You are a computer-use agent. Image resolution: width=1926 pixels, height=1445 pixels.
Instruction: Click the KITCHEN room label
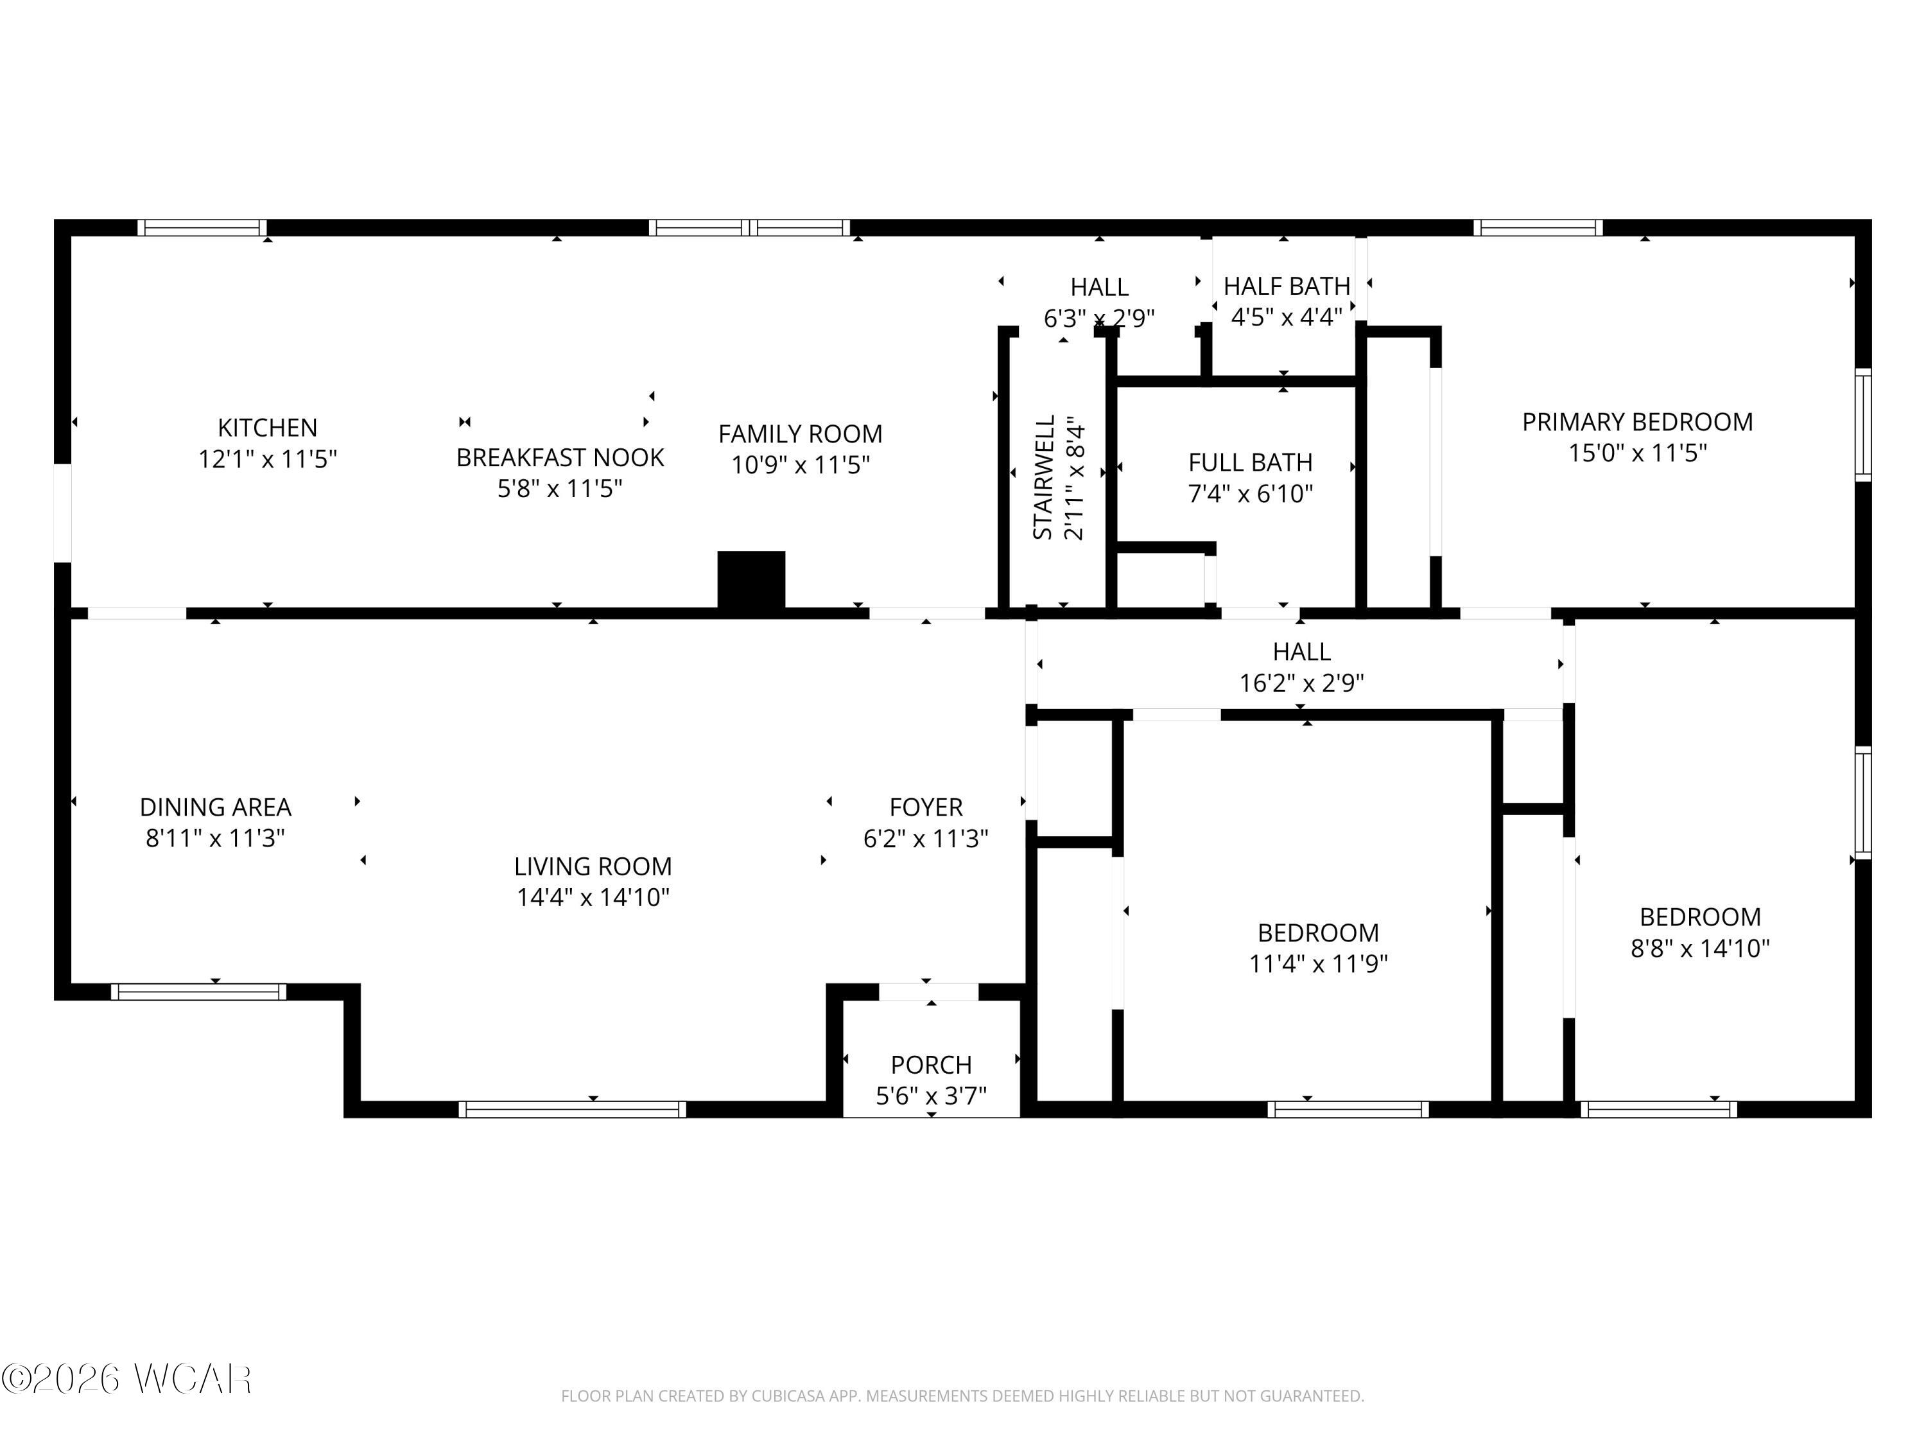[267, 428]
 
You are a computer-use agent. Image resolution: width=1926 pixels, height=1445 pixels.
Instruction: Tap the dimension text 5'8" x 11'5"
[560, 489]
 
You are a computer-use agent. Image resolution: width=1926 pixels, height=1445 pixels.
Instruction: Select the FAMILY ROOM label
[799, 433]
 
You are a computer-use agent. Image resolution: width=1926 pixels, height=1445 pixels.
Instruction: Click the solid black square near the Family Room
[750, 579]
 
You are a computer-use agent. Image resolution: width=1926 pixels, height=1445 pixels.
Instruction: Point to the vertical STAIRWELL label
[1044, 477]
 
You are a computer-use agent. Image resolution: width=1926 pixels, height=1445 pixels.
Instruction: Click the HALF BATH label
[1286, 286]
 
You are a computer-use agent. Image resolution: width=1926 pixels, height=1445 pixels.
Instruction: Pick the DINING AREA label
[215, 807]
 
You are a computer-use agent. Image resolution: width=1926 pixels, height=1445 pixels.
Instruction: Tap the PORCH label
[931, 1064]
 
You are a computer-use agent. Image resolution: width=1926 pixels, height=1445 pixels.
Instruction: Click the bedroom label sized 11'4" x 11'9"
[1317, 933]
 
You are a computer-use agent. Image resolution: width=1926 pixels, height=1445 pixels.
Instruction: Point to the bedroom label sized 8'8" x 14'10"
[1699, 917]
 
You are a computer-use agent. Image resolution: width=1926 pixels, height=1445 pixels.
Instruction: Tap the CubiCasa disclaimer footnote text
[962, 1396]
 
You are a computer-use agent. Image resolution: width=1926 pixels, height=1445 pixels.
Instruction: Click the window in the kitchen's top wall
[202, 228]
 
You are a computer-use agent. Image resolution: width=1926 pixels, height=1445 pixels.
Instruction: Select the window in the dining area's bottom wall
[198, 991]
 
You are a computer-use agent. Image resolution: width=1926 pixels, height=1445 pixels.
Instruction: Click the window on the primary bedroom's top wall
[1538, 228]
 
